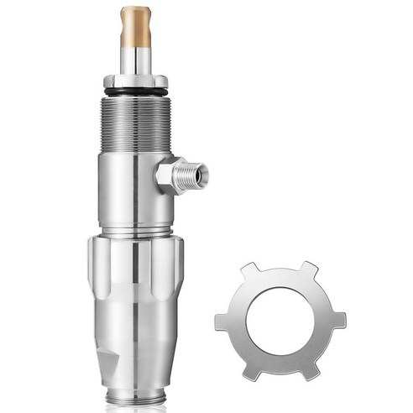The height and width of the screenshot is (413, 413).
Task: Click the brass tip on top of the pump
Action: tap(134, 26)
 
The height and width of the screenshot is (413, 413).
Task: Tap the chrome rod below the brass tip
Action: tap(134, 60)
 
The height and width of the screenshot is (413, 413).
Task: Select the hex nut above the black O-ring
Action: tap(134, 81)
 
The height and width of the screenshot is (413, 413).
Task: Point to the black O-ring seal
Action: tap(134, 90)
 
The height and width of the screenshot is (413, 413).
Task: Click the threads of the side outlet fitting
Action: tap(192, 175)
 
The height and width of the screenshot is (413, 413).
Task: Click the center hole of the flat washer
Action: tap(280, 321)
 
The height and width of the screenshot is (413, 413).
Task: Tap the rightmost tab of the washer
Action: tap(338, 320)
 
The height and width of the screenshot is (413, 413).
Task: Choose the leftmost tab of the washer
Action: tap(221, 322)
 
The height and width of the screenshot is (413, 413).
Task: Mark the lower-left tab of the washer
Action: tap(249, 370)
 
